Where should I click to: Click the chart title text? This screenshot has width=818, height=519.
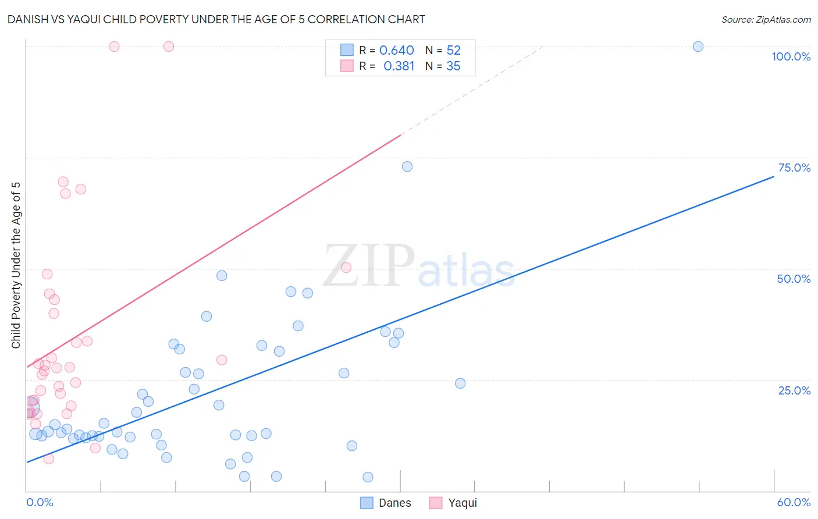point(216,19)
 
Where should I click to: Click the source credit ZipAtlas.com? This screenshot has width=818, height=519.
point(766,19)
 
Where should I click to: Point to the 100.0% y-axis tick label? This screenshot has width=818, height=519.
point(791,56)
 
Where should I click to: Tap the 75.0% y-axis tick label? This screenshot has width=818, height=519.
point(794,168)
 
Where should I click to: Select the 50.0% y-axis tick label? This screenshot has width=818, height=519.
point(794,279)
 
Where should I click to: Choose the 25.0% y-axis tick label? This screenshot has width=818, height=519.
point(794,390)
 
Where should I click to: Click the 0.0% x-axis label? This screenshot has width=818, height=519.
point(40,502)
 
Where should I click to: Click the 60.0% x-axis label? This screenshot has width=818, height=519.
point(794,502)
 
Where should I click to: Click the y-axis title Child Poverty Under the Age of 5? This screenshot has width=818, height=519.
point(16,265)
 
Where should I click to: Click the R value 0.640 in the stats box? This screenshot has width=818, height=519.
point(396,51)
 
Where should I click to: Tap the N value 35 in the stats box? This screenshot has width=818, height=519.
point(453,66)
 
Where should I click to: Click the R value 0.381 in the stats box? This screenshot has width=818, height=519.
point(399,66)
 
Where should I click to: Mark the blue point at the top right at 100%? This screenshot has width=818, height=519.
point(698,47)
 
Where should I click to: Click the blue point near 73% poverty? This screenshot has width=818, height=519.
point(407,166)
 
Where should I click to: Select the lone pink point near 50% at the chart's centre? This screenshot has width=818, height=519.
point(346,268)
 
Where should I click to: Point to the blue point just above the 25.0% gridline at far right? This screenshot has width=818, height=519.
point(460,383)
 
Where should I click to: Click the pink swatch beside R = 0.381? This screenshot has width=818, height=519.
point(347,66)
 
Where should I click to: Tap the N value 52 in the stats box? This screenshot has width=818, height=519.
point(453,51)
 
